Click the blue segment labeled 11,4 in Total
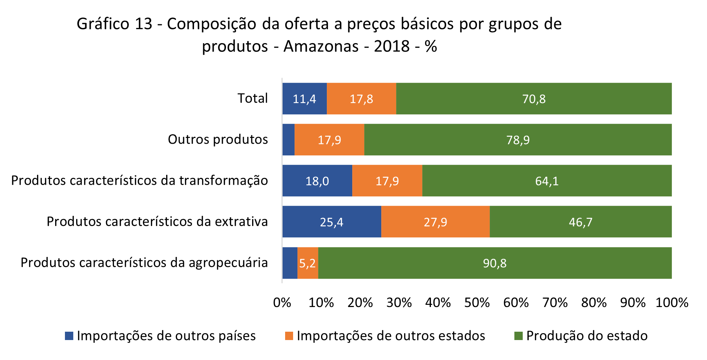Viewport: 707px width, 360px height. (x=304, y=99)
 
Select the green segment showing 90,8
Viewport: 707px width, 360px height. (x=495, y=263)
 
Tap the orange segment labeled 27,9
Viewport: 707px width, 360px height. (x=435, y=222)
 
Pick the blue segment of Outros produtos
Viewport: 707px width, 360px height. (x=288, y=140)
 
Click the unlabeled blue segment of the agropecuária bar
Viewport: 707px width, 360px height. (x=290, y=263)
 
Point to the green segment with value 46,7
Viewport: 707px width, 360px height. (x=580, y=222)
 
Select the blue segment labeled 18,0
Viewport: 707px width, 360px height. (x=317, y=181)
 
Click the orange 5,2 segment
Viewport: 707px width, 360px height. (x=308, y=263)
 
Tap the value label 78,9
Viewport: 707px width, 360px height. (x=518, y=140)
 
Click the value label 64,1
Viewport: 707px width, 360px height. (x=547, y=181)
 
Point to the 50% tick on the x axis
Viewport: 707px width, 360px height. (x=477, y=303)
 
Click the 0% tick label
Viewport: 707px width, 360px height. (x=282, y=303)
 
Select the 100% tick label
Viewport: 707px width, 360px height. (x=672, y=303)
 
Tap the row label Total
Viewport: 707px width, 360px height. (x=252, y=98)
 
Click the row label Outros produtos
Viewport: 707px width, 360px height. (x=218, y=139)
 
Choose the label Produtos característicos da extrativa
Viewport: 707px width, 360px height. (x=157, y=221)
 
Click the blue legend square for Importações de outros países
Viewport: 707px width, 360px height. (x=69, y=336)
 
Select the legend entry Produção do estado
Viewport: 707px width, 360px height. (x=587, y=336)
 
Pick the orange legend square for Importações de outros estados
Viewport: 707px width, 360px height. (x=289, y=336)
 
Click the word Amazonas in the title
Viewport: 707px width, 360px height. (x=321, y=46)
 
